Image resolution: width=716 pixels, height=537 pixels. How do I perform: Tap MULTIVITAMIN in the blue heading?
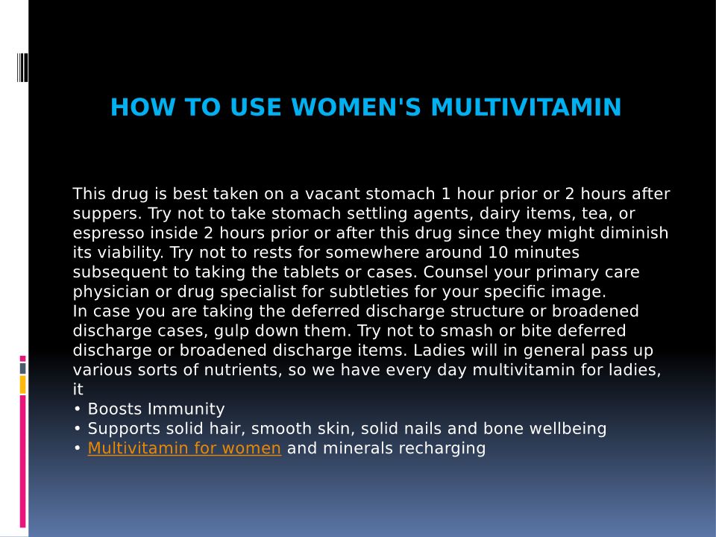coord(526,107)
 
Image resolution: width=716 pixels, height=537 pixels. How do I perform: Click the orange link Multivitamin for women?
coord(184,448)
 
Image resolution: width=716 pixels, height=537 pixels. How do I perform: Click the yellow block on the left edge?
coord(23,385)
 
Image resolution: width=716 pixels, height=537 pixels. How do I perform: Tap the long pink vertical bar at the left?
coord(23,462)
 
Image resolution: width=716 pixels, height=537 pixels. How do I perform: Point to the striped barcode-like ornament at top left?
coord(22,68)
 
